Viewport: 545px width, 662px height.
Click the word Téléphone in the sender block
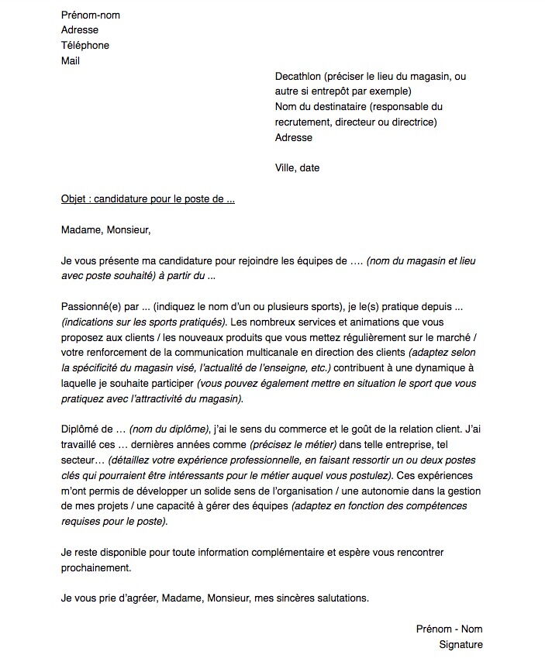85,45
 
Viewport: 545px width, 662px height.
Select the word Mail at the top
71,60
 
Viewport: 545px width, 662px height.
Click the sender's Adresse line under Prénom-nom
80,29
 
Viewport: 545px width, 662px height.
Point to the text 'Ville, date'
297,167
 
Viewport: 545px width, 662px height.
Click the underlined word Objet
74,198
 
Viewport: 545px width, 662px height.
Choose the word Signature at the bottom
460,644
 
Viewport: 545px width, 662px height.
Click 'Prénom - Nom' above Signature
449,629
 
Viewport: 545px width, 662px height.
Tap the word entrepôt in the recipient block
330,91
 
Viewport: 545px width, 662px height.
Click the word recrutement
303,122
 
